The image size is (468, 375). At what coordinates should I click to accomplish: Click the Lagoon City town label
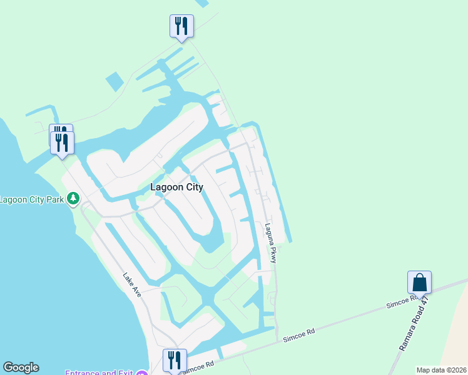pyautogui.click(x=177, y=187)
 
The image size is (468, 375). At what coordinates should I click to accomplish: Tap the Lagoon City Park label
pyautogui.click(x=33, y=200)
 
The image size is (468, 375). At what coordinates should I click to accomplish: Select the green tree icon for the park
pyautogui.click(x=74, y=199)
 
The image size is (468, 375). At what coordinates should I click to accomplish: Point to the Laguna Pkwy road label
pyautogui.click(x=270, y=242)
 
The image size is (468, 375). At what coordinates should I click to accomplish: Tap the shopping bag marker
pyautogui.click(x=419, y=282)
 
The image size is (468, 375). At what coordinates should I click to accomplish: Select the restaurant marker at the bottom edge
pyautogui.click(x=175, y=361)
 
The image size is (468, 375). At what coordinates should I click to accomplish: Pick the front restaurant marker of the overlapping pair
pyautogui.click(x=63, y=142)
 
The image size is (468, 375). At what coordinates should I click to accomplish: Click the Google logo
pyautogui.click(x=21, y=367)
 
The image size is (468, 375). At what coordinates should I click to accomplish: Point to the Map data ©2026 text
pyautogui.click(x=441, y=370)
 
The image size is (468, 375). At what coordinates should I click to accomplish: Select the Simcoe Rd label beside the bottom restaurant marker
pyautogui.click(x=200, y=366)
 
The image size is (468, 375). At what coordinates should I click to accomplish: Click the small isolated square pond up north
pyautogui.click(x=115, y=81)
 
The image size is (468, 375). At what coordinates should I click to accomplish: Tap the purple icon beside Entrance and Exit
pyautogui.click(x=142, y=373)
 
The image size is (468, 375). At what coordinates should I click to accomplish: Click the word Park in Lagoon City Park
pyautogui.click(x=55, y=200)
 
